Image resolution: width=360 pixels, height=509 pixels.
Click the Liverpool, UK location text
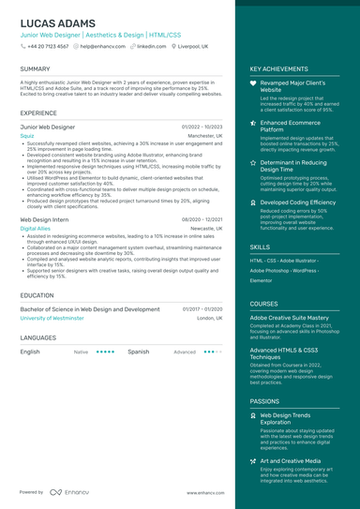(193, 45)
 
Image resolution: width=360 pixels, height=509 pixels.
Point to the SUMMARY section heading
(35, 69)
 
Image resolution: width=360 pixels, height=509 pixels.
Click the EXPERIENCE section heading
(38, 112)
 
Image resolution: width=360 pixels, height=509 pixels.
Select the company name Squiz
(27, 135)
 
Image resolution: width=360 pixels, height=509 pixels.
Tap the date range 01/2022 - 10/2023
(202, 126)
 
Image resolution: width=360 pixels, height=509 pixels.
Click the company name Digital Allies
(36, 228)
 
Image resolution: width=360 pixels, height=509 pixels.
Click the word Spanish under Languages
(138, 352)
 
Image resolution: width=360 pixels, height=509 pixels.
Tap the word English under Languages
(30, 352)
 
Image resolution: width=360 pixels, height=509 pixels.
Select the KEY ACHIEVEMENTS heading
(278, 69)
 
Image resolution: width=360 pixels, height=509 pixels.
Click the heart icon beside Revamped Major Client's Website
(253, 83)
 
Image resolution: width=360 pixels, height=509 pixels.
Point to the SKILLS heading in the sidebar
(260, 246)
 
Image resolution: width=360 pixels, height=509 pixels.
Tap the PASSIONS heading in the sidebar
(264, 400)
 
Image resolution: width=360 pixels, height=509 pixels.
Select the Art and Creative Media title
(290, 461)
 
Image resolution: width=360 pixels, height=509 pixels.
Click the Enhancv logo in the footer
(70, 491)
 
